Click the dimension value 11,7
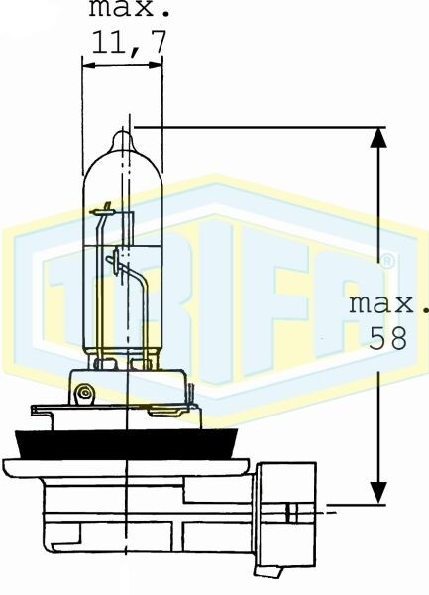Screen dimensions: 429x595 point(129,41)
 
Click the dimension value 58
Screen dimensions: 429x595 point(388,338)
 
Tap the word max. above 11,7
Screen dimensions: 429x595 point(129,8)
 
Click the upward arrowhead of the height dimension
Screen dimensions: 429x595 point(378,138)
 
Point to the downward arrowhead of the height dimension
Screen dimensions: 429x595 point(378,493)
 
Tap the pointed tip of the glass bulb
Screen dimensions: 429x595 point(123,132)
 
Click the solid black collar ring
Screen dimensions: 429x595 point(127,444)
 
